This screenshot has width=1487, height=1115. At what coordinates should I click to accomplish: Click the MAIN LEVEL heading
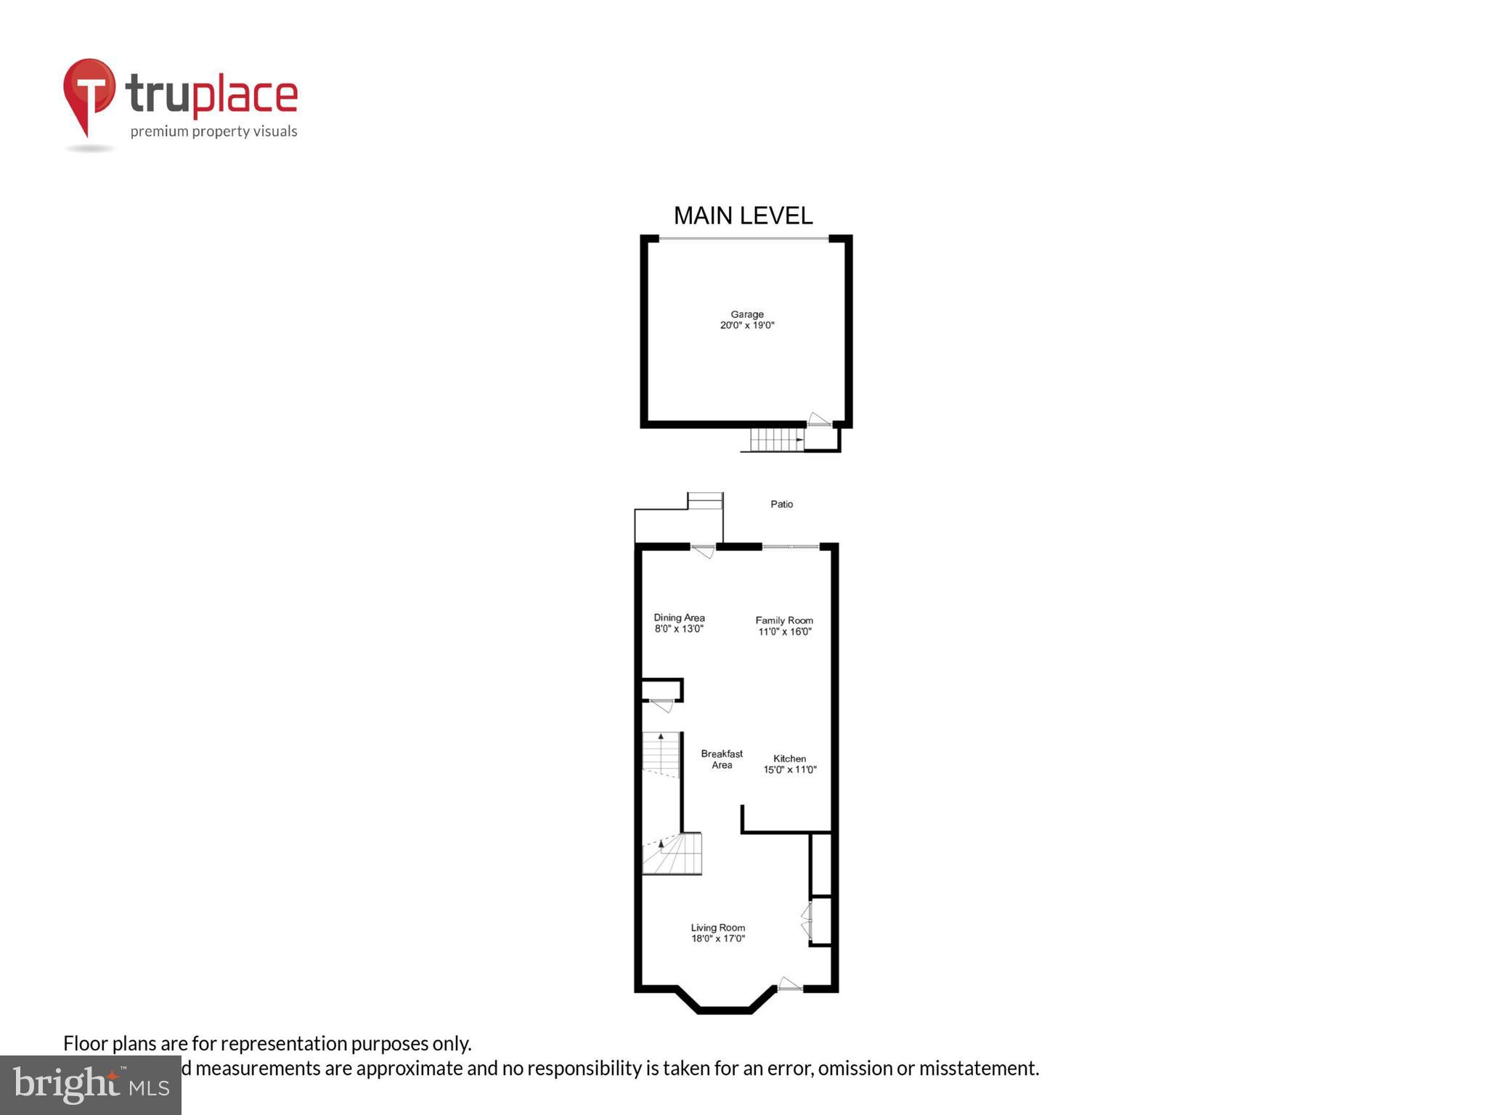click(x=743, y=216)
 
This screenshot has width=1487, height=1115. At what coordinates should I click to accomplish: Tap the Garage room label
click(x=746, y=314)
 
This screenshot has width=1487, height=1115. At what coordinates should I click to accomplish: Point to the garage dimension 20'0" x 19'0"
click(x=746, y=325)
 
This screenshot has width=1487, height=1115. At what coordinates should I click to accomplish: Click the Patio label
click(x=781, y=504)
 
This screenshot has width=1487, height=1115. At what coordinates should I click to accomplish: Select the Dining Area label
click(x=679, y=618)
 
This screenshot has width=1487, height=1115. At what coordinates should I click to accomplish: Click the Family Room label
click(x=784, y=621)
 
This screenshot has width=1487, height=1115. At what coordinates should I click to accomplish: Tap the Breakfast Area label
click(x=722, y=759)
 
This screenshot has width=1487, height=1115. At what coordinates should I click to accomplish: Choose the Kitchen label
click(x=789, y=759)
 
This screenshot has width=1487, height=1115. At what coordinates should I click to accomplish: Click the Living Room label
click(x=717, y=928)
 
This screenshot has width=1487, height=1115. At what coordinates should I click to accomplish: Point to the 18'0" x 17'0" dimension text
click(x=717, y=939)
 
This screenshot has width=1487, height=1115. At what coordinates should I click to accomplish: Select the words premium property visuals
click(x=213, y=131)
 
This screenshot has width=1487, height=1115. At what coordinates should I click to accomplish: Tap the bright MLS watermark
click(x=91, y=1085)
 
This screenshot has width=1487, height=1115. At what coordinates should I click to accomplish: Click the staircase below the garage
click(x=776, y=440)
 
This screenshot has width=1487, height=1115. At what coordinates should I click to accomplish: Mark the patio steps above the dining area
click(x=705, y=501)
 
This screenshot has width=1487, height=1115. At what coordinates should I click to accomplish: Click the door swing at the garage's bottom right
click(x=819, y=420)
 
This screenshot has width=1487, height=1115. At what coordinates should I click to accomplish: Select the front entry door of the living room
click(x=789, y=986)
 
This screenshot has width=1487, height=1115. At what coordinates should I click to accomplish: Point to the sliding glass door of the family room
click(x=790, y=546)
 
